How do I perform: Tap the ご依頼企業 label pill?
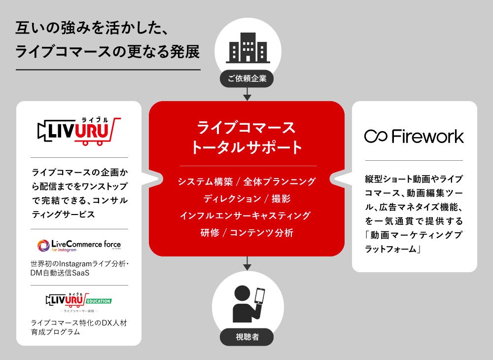(x=247, y=78)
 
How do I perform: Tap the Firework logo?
(x=414, y=136)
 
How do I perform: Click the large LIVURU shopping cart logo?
(x=79, y=132)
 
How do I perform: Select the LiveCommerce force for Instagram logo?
(x=79, y=245)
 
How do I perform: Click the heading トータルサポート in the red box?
(x=246, y=146)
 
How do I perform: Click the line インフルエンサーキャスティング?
(x=246, y=216)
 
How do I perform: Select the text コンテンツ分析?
(x=261, y=233)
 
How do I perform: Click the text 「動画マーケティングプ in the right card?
(x=414, y=235)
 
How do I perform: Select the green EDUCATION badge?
(x=99, y=301)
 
